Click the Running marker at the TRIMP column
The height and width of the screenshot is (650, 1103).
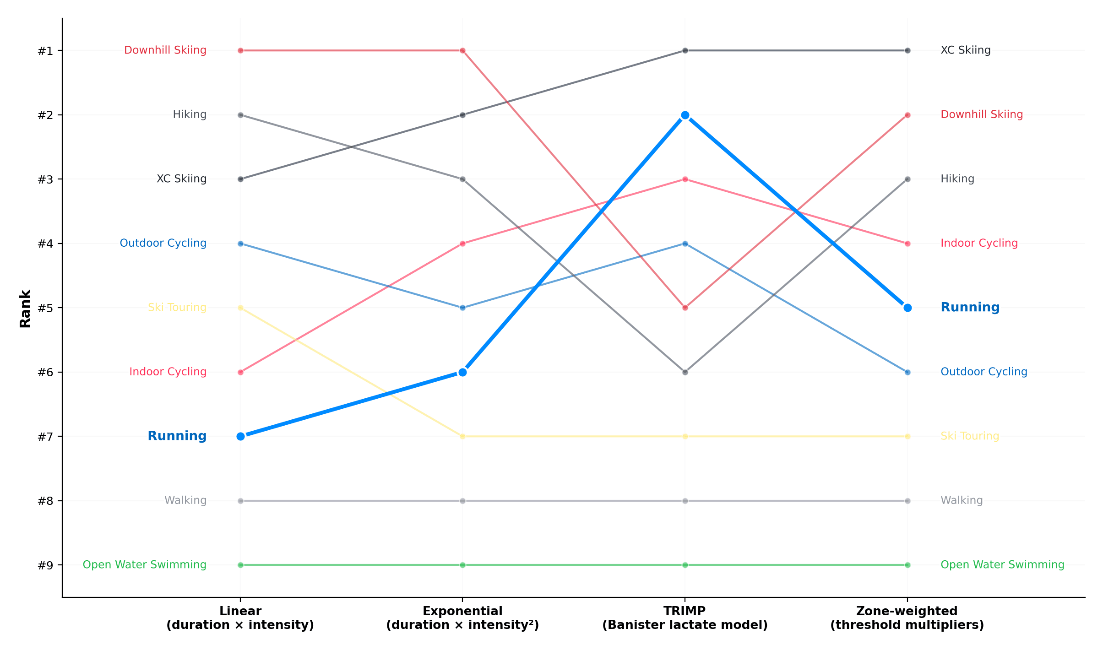tap(685, 115)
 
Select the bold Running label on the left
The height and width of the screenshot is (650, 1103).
tap(177, 436)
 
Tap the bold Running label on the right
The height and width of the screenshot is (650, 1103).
tap(970, 307)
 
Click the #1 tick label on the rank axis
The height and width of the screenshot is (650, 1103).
tap(45, 51)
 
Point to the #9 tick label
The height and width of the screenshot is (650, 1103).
tap(45, 565)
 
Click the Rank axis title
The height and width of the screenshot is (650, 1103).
tap(25, 308)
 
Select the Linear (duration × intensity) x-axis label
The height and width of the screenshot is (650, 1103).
tap(240, 618)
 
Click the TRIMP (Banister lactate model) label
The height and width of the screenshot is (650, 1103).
tap(685, 618)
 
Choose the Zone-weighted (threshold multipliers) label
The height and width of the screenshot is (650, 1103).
tap(907, 618)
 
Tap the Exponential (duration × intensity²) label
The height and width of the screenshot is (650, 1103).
tap(462, 618)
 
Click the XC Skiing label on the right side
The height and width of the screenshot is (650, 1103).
tap(965, 50)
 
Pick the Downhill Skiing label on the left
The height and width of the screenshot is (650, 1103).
tap(165, 50)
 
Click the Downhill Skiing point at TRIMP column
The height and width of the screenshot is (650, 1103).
tap(685, 308)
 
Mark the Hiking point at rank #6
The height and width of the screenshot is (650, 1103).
tap(685, 372)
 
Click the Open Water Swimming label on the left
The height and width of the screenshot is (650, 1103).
tap(144, 565)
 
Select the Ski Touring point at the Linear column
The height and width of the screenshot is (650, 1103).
tap(240, 308)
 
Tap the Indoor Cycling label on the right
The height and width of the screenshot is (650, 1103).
tap(979, 243)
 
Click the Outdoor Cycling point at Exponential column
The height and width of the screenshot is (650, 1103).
tap(462, 308)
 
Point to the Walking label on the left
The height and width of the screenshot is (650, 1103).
tap(185, 500)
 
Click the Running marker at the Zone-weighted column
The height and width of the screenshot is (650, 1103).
tap(907, 308)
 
